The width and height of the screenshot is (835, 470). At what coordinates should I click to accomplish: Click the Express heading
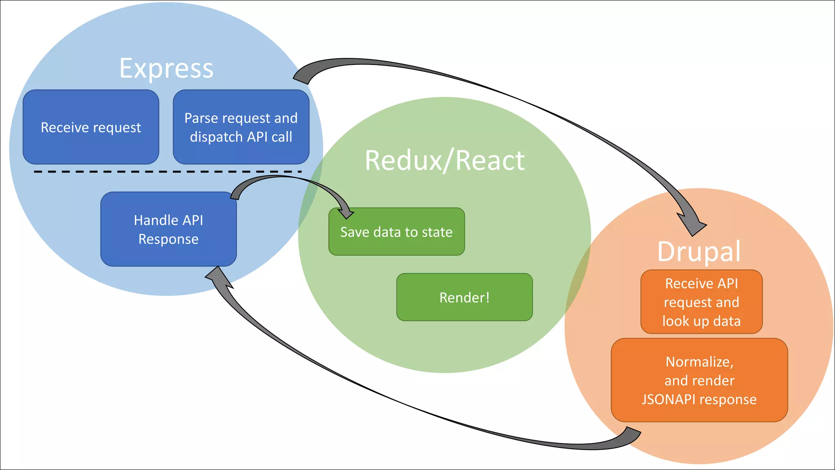pyautogui.click(x=166, y=68)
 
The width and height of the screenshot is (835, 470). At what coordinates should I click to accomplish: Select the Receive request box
pyautogui.click(x=91, y=127)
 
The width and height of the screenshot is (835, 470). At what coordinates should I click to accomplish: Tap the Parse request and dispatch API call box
pyautogui.click(x=241, y=127)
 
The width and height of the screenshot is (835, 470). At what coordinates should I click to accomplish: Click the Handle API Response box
pyautogui.click(x=168, y=229)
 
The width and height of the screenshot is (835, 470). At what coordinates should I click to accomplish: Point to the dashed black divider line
pyautogui.click(x=167, y=172)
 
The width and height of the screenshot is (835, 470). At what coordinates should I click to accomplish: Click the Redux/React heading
pyautogui.click(x=444, y=160)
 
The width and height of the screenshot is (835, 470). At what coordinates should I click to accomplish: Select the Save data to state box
pyautogui.click(x=396, y=232)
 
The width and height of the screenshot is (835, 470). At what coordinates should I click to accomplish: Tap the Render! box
pyautogui.click(x=464, y=297)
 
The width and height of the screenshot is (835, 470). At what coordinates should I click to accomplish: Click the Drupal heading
pyautogui.click(x=699, y=251)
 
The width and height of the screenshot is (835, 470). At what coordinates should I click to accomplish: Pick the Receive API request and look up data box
pyautogui.click(x=701, y=302)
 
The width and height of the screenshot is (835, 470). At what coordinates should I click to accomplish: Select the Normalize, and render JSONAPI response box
pyautogui.click(x=699, y=380)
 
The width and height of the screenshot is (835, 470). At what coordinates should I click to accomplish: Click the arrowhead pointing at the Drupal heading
pyautogui.click(x=692, y=224)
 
